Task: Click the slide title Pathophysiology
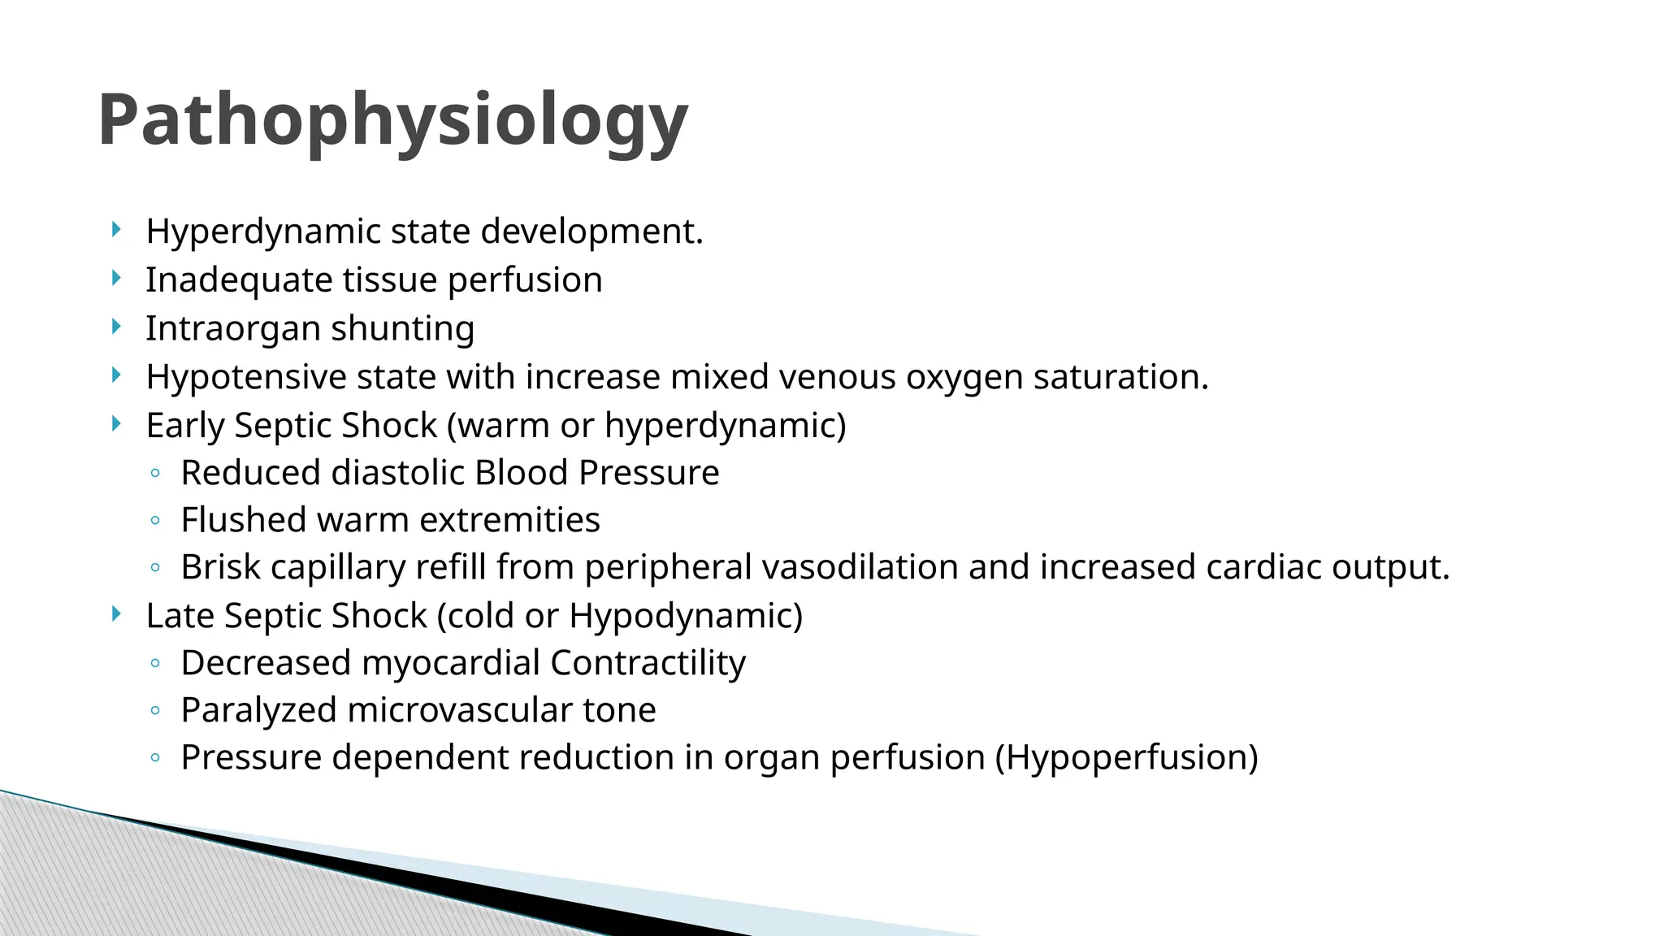(x=392, y=120)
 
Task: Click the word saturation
(x=1120, y=377)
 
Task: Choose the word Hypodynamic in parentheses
(x=681, y=616)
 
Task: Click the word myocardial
(x=450, y=663)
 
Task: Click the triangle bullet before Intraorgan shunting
(x=116, y=327)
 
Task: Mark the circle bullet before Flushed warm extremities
(x=155, y=521)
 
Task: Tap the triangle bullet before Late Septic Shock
(x=116, y=613)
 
